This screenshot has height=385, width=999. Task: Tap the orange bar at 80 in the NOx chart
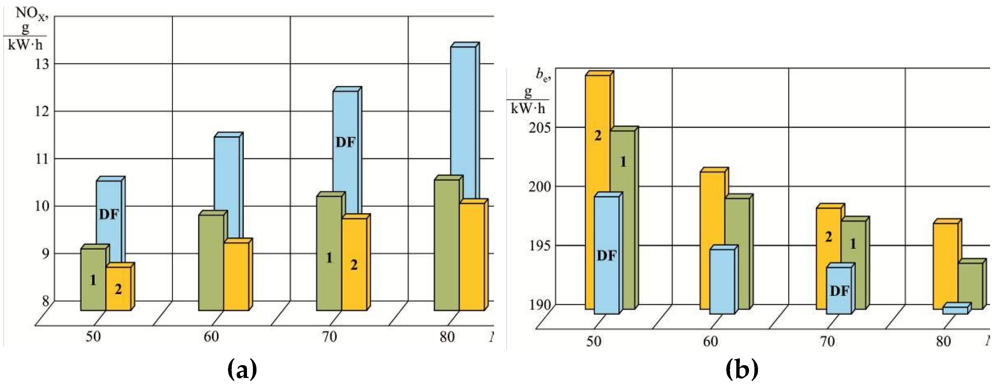(x=472, y=256)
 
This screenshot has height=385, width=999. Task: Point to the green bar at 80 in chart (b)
(x=970, y=285)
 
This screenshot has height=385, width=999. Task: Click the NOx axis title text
(x=31, y=14)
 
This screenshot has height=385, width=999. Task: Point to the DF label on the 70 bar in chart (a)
(x=345, y=142)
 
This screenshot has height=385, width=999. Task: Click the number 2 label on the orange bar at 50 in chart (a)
(x=118, y=289)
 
